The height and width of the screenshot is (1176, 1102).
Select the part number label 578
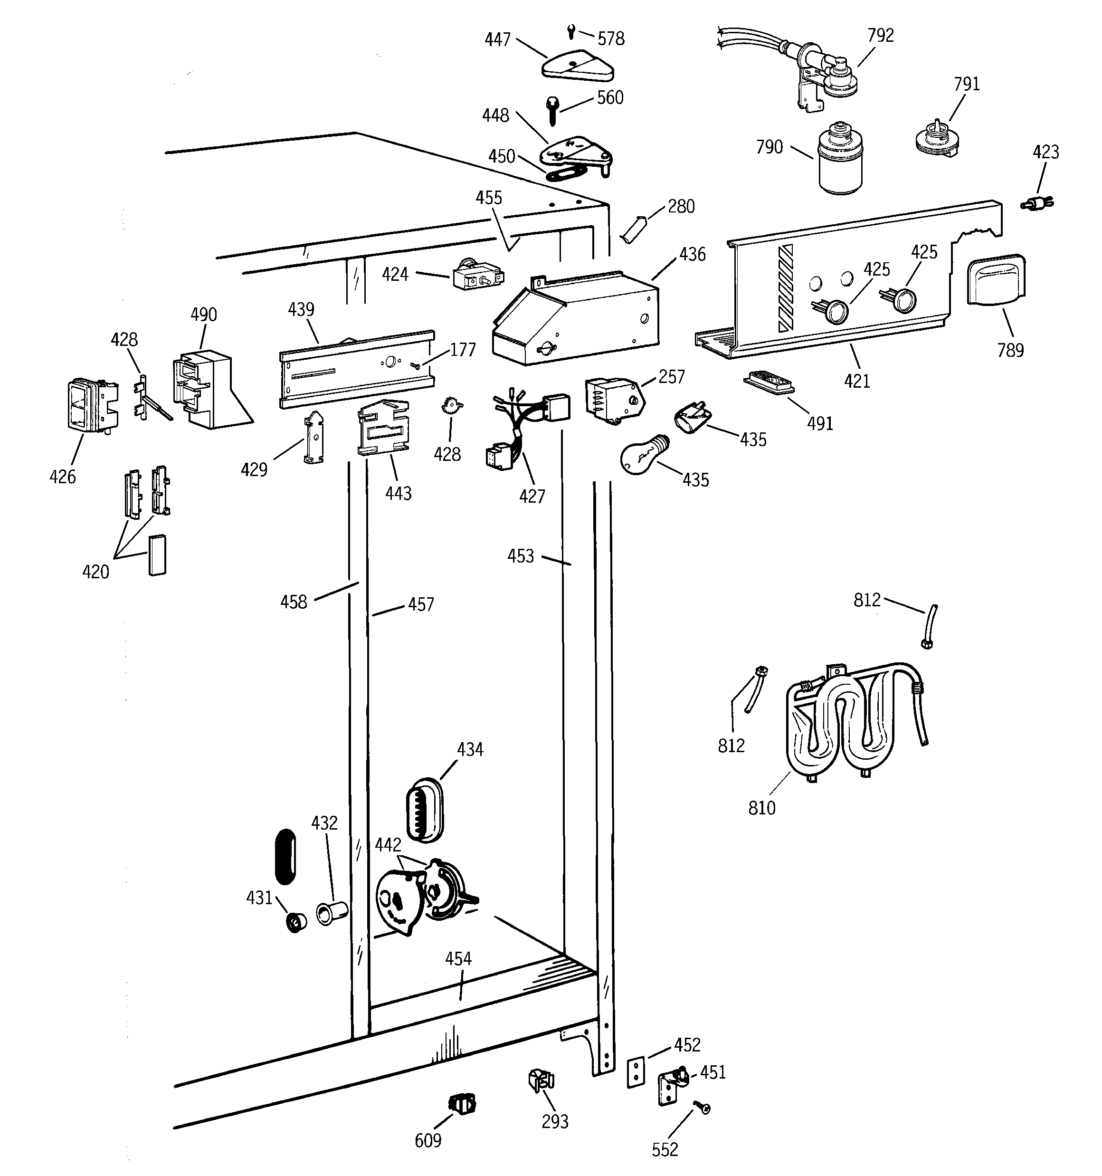point(610,39)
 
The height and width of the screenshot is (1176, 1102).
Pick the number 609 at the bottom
point(427,1140)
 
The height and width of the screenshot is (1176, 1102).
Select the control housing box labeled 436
point(574,319)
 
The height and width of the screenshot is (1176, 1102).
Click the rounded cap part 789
point(996,280)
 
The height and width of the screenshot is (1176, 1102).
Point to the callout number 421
point(856,381)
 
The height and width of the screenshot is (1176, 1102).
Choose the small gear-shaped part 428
point(451,406)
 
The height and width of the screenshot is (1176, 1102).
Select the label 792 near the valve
point(880,36)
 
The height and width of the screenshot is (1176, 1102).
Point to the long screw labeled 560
point(552,111)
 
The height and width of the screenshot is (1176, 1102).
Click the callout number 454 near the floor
point(458,959)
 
